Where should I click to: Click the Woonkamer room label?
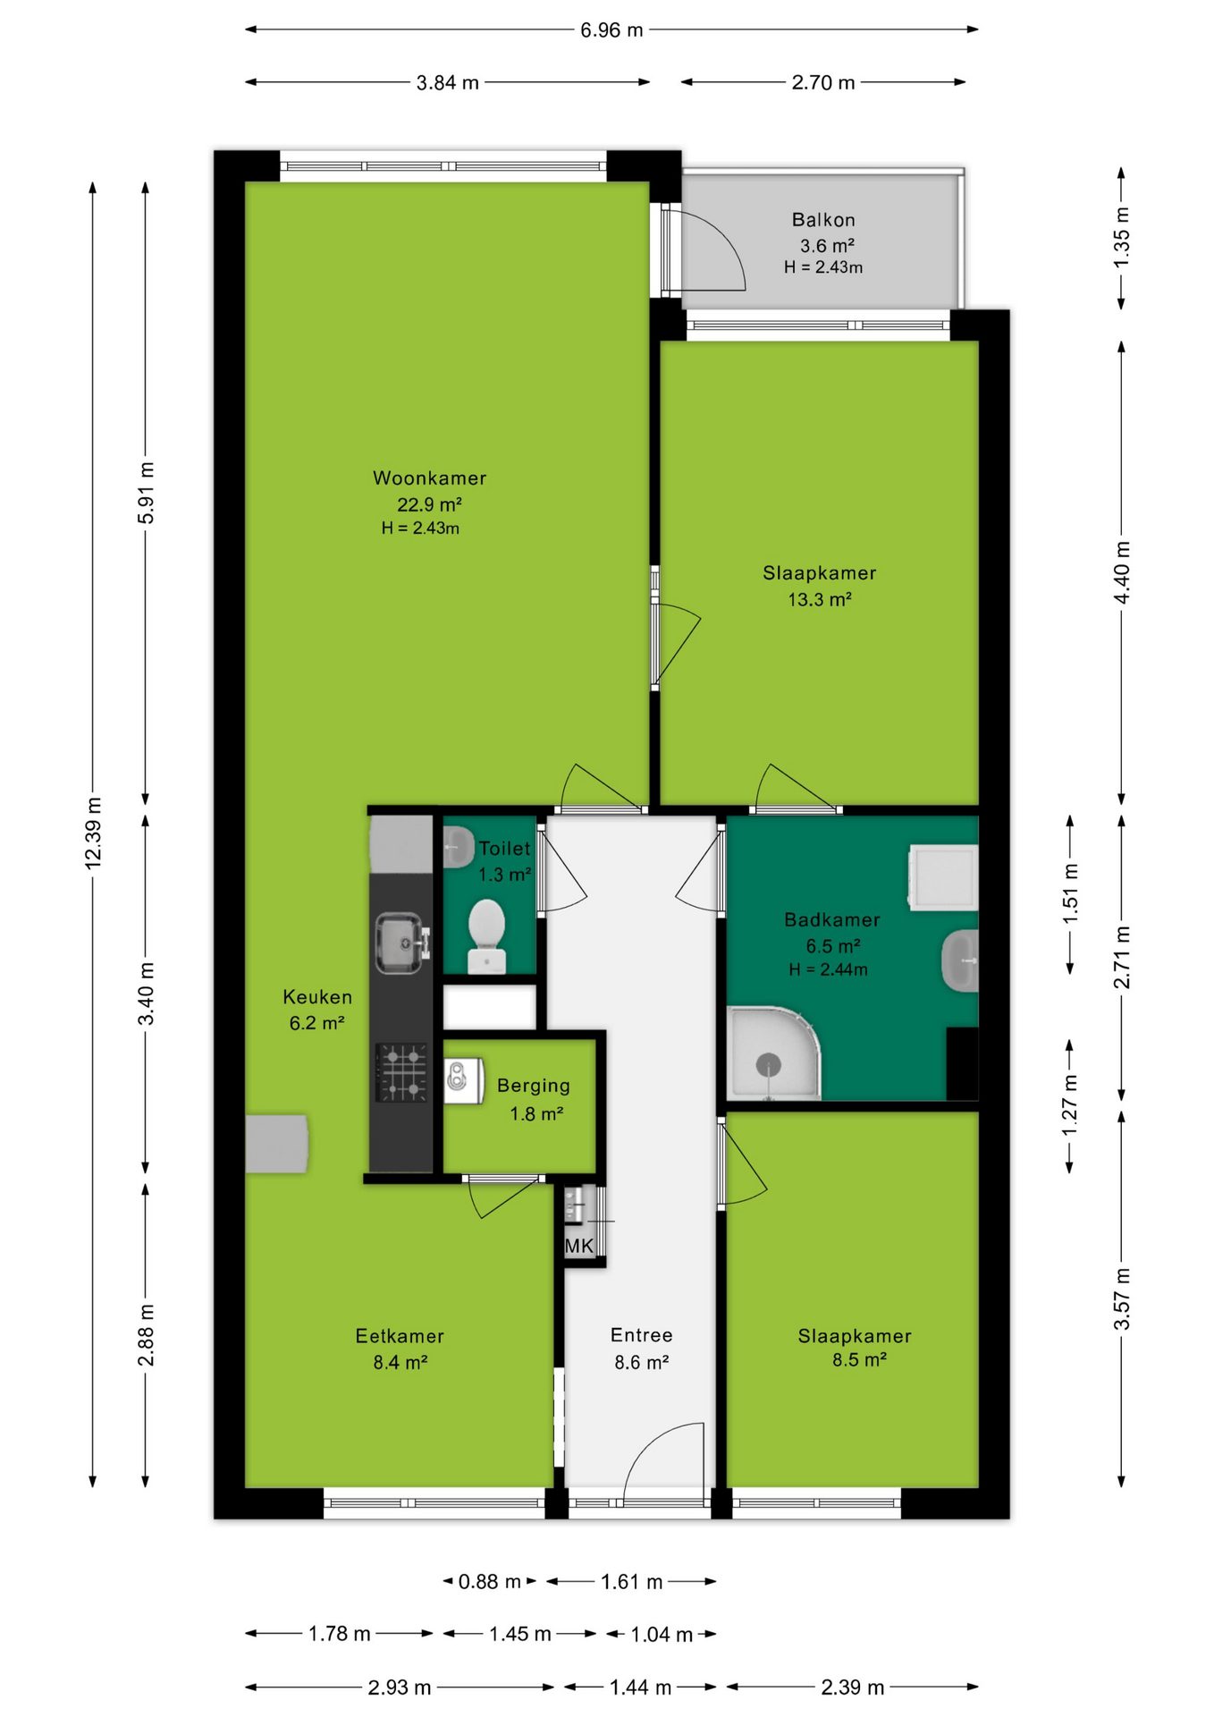click(x=429, y=478)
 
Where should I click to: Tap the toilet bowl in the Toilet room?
click(x=486, y=935)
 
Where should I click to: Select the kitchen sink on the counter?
click(x=400, y=943)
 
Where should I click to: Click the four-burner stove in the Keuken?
click(x=400, y=1072)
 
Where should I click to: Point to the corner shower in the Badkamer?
click(x=772, y=1053)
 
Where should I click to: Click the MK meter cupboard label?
click(x=579, y=1246)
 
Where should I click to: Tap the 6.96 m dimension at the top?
click(x=611, y=30)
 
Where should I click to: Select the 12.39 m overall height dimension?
click(x=93, y=832)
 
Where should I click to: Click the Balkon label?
click(x=823, y=220)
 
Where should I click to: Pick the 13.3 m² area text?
click(x=819, y=599)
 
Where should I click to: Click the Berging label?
click(x=534, y=1086)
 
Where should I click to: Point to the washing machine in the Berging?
click(x=464, y=1079)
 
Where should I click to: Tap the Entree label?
click(x=642, y=1335)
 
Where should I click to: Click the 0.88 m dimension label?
click(x=489, y=1581)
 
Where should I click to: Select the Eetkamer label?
click(x=400, y=1336)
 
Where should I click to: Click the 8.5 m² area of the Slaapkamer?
click(x=859, y=1360)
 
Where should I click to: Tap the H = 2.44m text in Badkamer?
click(x=828, y=969)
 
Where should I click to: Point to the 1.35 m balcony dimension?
click(x=1121, y=238)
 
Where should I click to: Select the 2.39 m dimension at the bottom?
click(x=852, y=1687)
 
